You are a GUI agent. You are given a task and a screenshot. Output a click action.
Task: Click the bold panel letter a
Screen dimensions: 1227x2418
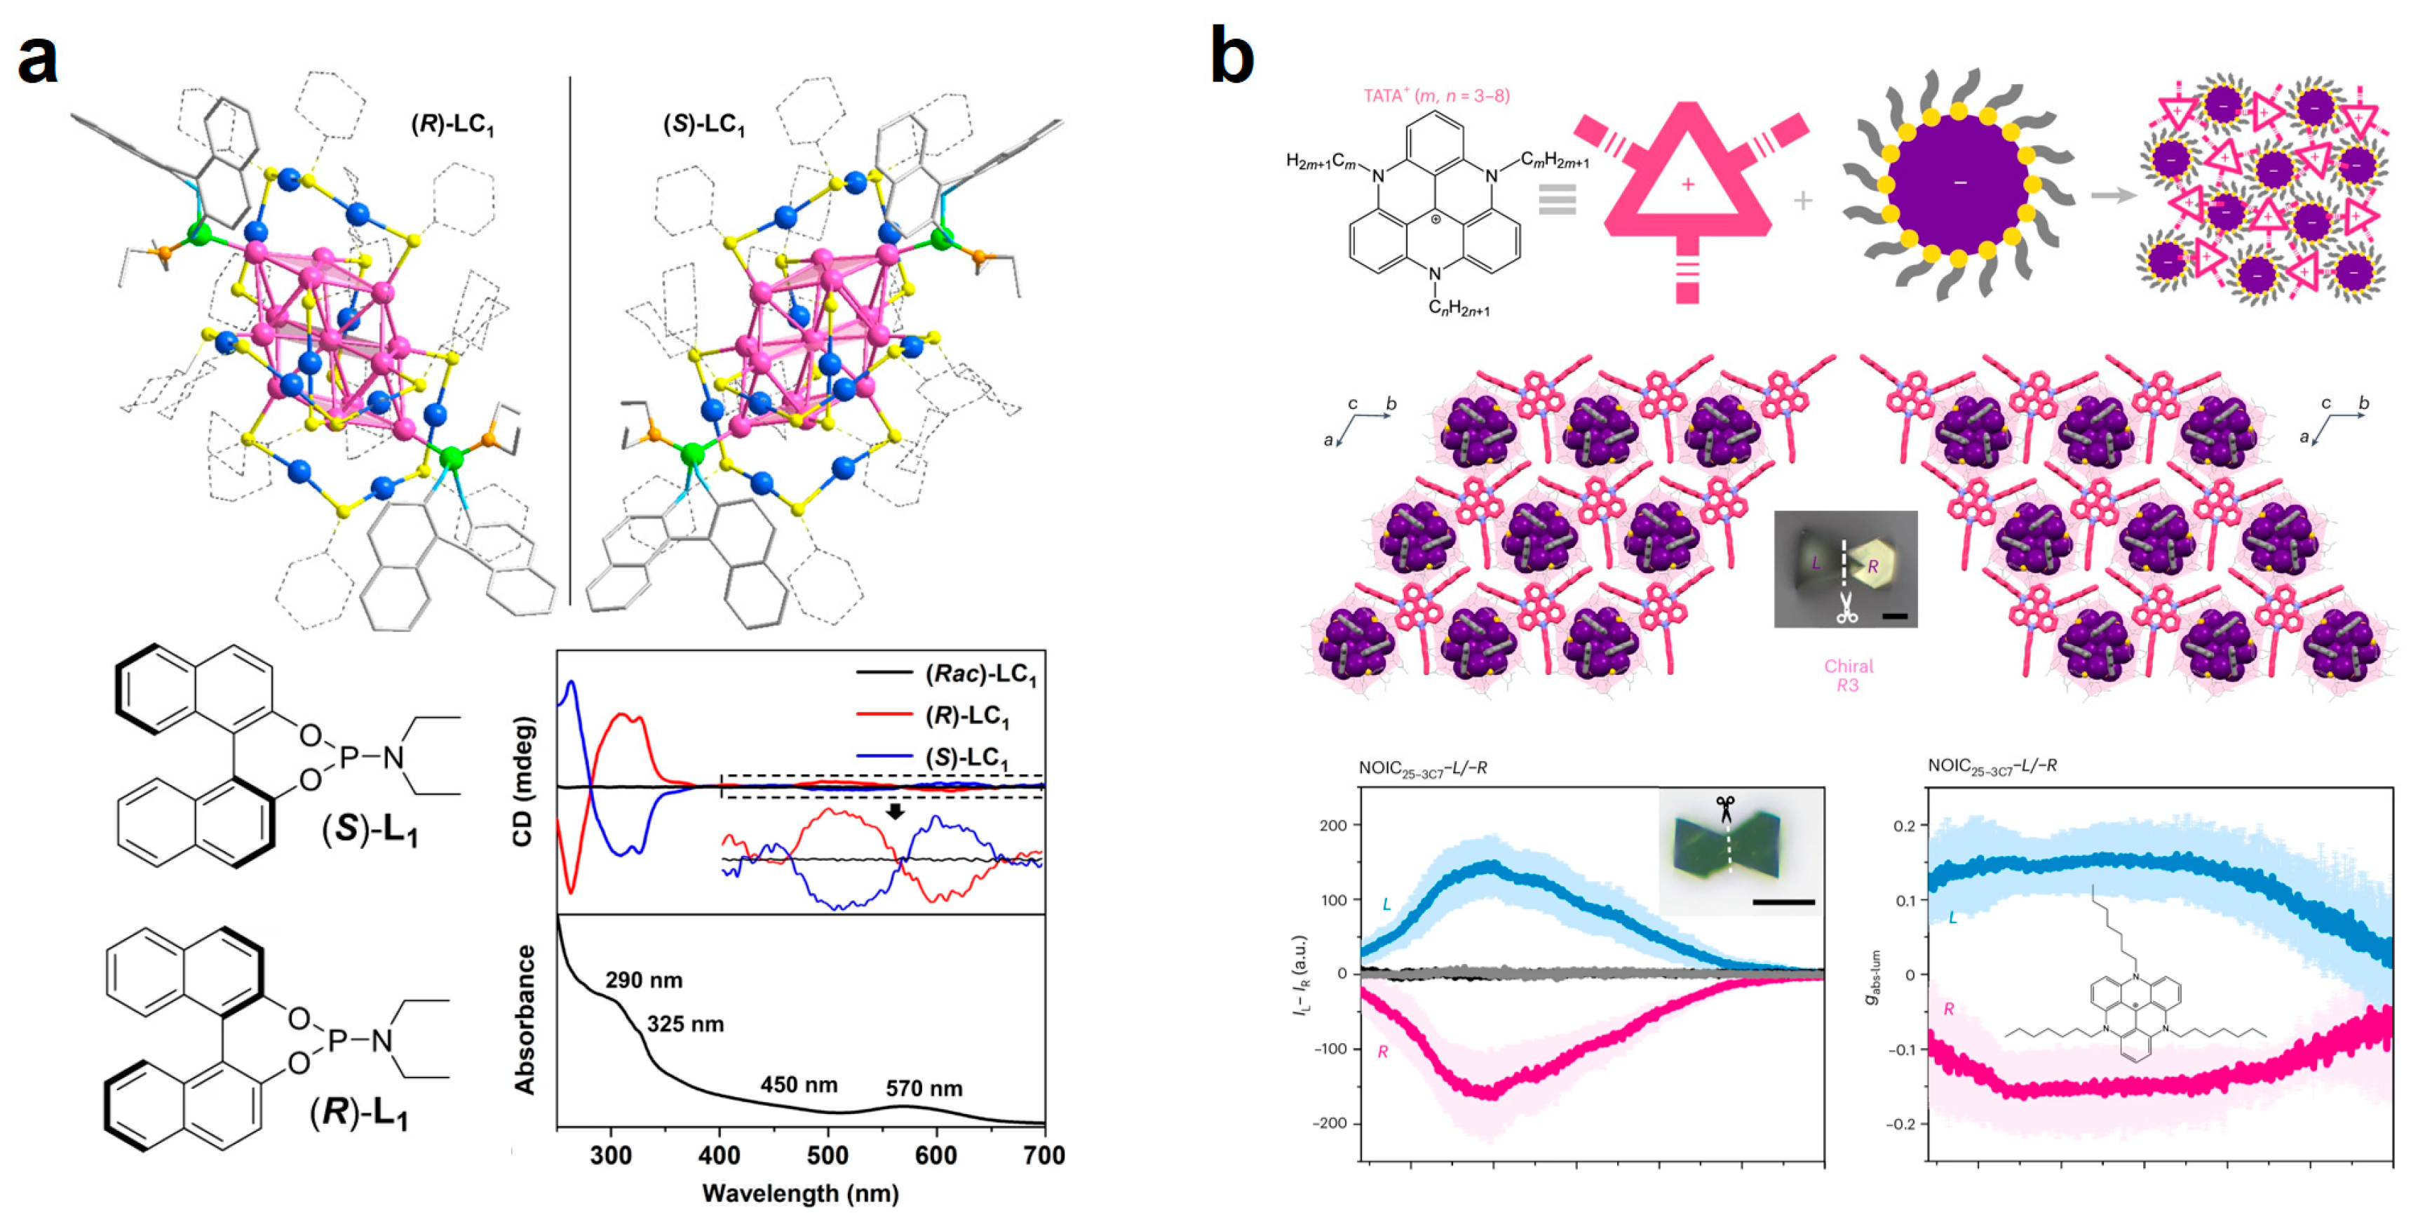[38, 58]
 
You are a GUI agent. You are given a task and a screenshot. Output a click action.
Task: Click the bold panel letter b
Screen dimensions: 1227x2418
[1231, 56]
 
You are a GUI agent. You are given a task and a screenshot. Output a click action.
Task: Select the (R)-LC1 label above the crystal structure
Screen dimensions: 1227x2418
[452, 124]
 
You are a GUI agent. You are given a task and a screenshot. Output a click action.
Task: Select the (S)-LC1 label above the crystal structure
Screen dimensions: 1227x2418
[703, 124]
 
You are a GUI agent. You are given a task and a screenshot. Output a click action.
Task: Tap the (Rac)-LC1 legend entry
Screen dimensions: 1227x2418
[980, 674]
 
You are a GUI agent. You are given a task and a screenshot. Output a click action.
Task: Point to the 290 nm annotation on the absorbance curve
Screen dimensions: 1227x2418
[643, 980]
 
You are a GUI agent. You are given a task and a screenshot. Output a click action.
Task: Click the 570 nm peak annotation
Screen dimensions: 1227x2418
[924, 1088]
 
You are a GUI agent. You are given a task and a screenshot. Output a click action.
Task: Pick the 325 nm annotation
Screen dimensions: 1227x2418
[685, 1024]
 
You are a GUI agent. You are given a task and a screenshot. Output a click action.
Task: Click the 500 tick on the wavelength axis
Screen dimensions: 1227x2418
[828, 1155]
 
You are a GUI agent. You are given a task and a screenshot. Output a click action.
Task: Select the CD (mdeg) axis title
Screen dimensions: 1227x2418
[523, 781]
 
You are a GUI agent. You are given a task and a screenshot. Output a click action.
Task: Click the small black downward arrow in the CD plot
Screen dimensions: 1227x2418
[896, 811]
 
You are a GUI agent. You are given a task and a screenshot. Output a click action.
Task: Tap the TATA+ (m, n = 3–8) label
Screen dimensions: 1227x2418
[1436, 95]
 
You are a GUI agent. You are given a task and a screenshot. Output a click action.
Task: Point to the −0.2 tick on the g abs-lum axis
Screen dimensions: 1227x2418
[1900, 1124]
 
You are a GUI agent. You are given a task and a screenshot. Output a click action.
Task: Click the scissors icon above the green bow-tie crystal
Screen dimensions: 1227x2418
[1725, 808]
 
